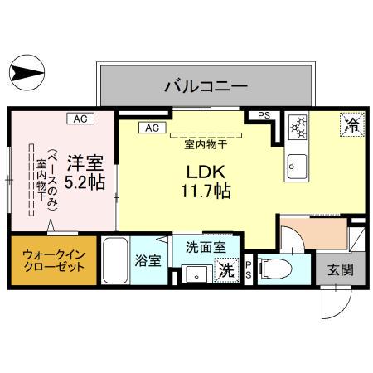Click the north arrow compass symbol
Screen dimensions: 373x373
[27, 73]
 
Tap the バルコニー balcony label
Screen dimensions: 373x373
[206, 85]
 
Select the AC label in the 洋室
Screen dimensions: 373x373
[80, 119]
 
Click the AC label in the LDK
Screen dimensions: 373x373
[152, 128]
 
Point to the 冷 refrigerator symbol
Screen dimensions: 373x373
[351, 126]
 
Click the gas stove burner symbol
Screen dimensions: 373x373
[298, 128]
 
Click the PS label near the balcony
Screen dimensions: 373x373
[263, 116]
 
